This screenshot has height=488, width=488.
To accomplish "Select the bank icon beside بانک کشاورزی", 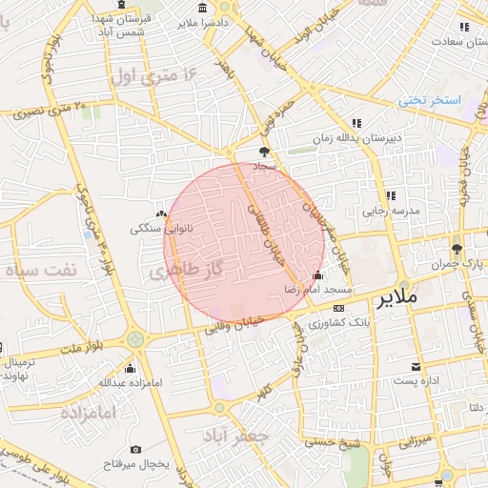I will tap(339, 308).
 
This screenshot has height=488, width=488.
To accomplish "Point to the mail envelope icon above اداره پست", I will tap(416, 367).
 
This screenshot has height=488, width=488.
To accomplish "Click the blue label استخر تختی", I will tap(429, 100).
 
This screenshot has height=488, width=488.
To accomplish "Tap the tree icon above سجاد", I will tap(264, 151).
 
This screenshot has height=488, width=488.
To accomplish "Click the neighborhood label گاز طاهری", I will tap(184, 272).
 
